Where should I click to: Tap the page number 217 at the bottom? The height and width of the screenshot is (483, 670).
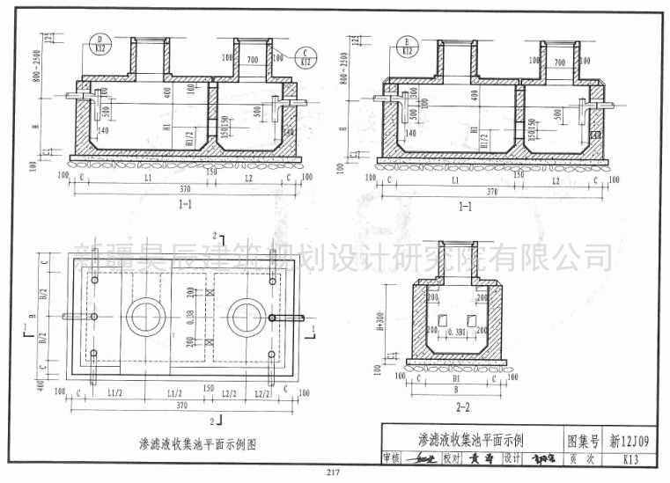pos(332,475)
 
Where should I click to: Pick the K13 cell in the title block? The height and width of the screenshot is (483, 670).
pos(630,458)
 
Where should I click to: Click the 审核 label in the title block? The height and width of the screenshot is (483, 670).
pos(393,459)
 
